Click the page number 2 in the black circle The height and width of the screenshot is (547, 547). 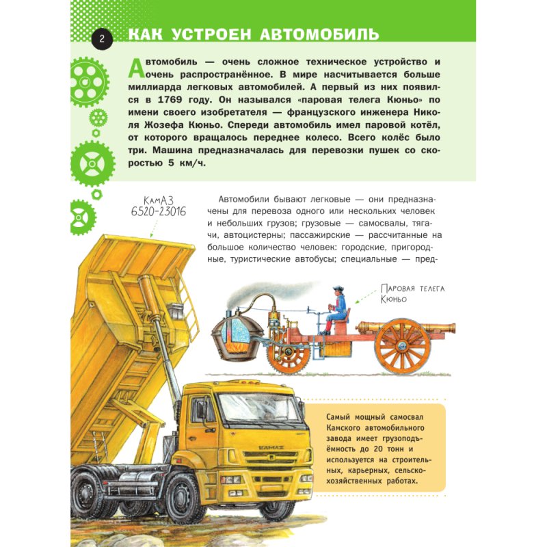click(x=101, y=38)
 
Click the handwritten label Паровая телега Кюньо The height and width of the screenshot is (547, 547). click(x=412, y=293)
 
